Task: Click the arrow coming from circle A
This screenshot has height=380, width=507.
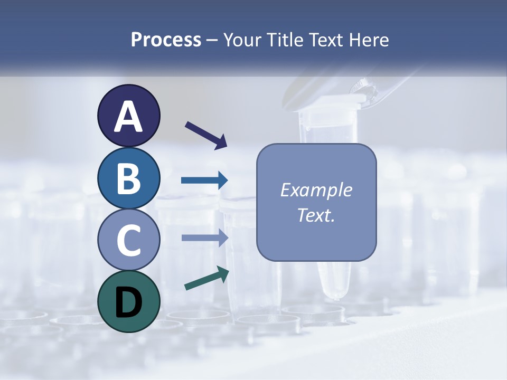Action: tap(206, 135)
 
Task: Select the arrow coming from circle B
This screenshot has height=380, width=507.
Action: tap(204, 180)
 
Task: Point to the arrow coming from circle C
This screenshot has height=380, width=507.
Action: tap(204, 237)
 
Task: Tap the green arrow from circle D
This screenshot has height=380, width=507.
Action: tap(206, 278)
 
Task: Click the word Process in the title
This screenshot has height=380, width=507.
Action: tap(166, 40)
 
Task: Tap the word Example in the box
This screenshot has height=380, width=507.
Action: tap(316, 190)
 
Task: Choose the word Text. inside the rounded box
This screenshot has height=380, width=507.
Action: tap(316, 215)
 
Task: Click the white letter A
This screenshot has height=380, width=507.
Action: tap(128, 116)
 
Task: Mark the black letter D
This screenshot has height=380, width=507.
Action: tap(128, 302)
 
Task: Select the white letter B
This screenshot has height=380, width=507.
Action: tap(128, 178)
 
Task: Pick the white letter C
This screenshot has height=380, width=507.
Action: tap(128, 240)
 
